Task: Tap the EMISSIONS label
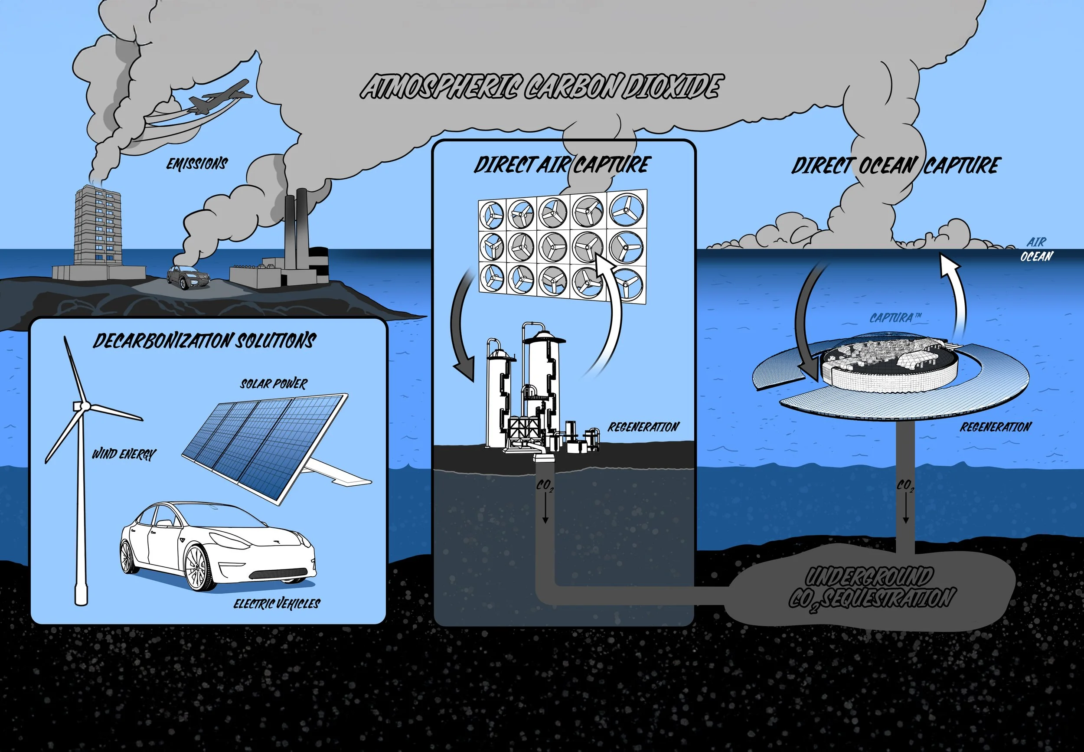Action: [x=197, y=163]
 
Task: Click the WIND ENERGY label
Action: [x=124, y=454]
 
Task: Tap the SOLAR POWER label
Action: [x=273, y=384]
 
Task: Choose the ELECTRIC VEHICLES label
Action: [x=277, y=604]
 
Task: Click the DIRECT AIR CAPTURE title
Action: [x=562, y=165]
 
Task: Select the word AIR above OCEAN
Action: [x=1036, y=242]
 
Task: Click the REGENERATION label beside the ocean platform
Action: [x=996, y=427]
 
